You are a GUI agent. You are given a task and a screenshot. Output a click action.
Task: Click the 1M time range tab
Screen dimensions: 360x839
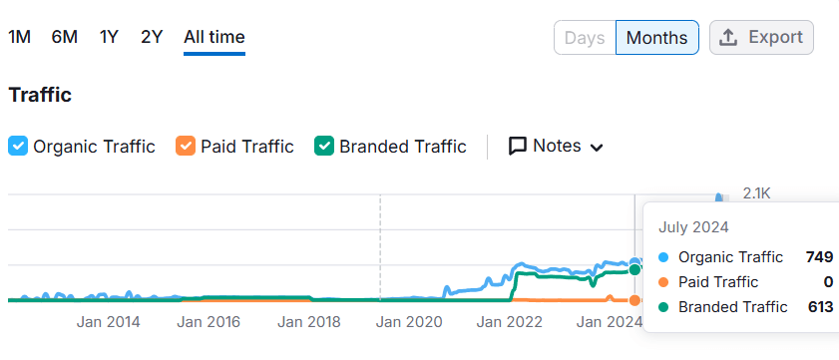pos(19,37)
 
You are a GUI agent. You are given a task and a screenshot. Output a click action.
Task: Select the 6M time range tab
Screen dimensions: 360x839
pos(65,37)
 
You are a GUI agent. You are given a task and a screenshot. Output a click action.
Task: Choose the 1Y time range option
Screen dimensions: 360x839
pos(109,37)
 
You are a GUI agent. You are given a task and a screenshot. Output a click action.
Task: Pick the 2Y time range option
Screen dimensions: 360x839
pos(152,37)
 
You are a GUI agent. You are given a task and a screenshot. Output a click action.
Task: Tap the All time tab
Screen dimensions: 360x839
pos(214,37)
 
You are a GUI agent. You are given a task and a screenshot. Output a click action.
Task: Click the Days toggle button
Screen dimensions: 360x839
pos(585,38)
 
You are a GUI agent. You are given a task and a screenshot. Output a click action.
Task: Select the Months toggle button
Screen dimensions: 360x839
pos(656,38)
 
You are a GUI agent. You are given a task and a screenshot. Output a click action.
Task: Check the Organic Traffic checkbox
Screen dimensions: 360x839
pos(19,146)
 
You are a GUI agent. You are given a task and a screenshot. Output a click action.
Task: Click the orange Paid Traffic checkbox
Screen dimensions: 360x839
pos(186,146)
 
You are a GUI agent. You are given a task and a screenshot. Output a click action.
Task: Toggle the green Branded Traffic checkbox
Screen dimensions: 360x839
pos(324,146)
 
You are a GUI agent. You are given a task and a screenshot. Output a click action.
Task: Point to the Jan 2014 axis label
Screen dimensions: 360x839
pos(109,322)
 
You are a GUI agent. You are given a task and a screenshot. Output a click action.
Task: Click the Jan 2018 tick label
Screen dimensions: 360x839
pos(309,322)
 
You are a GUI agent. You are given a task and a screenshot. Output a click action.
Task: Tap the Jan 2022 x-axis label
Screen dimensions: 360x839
pos(510,322)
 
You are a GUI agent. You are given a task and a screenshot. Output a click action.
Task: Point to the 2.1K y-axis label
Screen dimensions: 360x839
pos(757,193)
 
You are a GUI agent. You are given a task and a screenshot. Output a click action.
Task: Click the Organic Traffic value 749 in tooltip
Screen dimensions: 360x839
pos(819,257)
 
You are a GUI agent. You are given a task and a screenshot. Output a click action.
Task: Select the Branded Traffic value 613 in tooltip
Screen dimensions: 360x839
pos(820,307)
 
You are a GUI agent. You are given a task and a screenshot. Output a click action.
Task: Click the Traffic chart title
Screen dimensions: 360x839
pos(40,95)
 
